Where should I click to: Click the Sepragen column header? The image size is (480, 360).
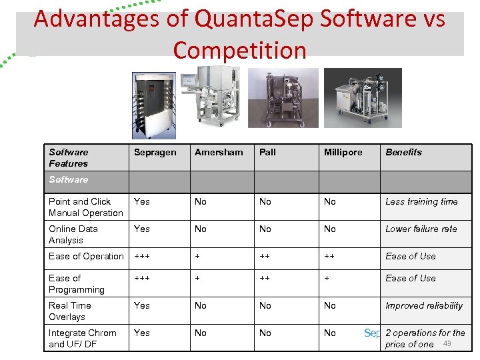155,152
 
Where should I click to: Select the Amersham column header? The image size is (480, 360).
219,152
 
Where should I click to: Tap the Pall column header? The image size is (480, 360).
267,152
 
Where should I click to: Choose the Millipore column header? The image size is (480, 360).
343,152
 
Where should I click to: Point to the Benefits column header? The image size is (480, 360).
403,152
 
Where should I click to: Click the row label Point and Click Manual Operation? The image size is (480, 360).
85,207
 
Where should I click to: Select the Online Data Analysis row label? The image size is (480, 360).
73,235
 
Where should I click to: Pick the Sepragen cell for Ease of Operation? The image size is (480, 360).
142,256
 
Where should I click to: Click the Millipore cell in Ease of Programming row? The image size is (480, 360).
327,278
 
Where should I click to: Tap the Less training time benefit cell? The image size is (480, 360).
421,201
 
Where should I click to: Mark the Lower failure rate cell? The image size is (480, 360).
421,229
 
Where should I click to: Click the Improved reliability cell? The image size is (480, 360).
423,305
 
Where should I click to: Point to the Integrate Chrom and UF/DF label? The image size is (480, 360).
82,339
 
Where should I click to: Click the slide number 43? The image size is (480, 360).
447,343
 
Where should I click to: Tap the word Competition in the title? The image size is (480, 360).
239,50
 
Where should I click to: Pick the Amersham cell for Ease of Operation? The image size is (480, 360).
197,256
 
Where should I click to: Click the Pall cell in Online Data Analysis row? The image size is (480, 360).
265,229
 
